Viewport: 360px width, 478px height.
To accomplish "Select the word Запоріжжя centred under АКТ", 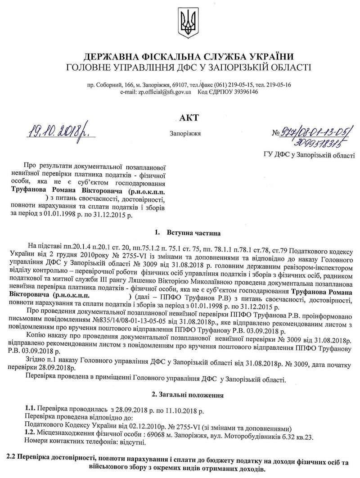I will tap(186, 134).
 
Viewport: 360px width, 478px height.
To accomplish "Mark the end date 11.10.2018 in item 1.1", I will tap(185, 411).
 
